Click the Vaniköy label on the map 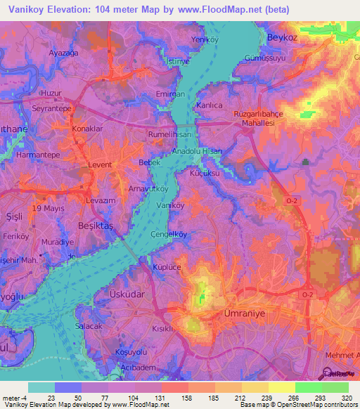171,205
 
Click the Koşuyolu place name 131,352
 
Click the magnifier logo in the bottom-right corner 328,375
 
